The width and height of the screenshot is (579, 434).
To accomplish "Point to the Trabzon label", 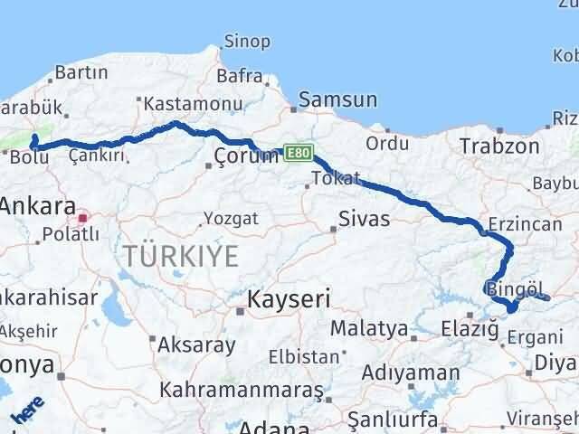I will point(498,146).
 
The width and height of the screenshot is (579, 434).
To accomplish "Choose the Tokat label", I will point(336,177).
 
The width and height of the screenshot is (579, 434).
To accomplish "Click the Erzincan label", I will point(518,223).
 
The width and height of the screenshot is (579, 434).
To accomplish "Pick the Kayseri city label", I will point(289,298).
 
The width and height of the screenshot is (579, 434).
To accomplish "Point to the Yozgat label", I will point(231,219).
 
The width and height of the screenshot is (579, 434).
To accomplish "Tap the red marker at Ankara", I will point(83,218).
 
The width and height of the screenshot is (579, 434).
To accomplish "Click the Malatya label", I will point(369,328).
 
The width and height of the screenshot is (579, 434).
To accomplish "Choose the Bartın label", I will point(81,72).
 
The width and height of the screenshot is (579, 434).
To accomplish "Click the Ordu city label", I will point(387,143).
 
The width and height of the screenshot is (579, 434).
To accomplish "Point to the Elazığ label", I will point(470,329).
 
